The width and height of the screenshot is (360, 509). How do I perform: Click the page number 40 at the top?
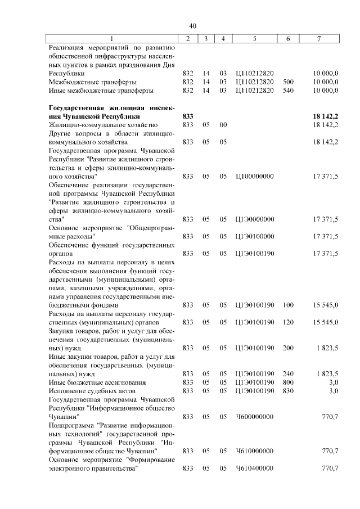click(192, 26)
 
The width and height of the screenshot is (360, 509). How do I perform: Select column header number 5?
click(255, 38)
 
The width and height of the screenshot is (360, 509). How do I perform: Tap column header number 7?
click(319, 38)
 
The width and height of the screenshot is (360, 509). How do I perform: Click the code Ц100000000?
click(255, 176)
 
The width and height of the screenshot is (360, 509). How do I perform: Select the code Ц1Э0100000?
click(255, 236)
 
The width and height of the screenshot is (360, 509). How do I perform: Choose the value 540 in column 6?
click(288, 90)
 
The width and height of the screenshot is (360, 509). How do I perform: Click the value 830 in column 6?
click(288, 390)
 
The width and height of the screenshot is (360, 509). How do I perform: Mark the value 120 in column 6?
click(288, 322)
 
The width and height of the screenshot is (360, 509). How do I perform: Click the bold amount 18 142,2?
click(326, 116)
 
